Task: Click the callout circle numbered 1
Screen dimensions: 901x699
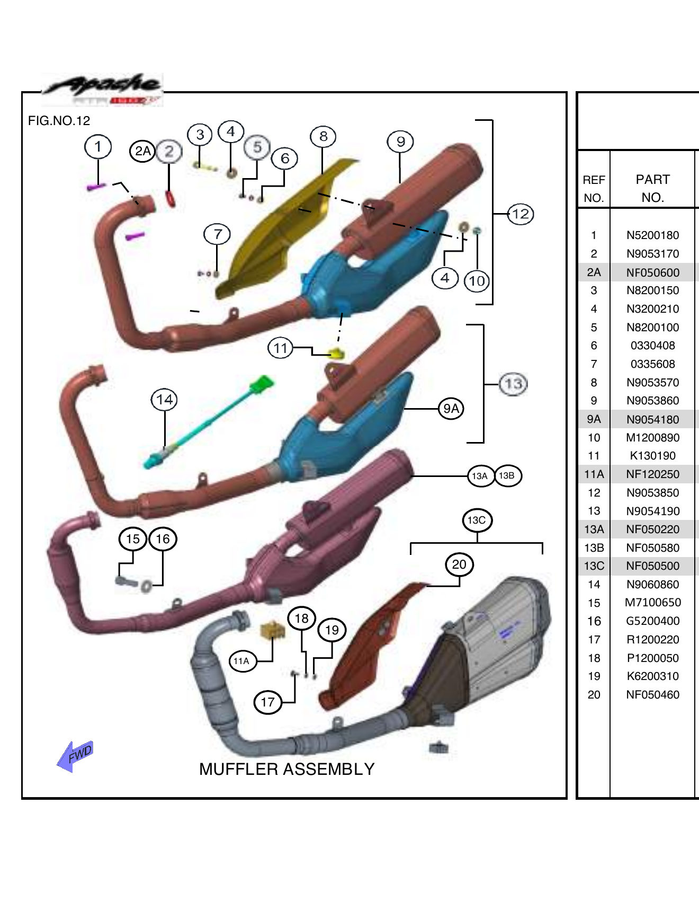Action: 98,147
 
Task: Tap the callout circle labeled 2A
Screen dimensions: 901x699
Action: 142,152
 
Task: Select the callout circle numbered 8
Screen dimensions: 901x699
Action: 323,137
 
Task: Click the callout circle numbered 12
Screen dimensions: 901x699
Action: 521,214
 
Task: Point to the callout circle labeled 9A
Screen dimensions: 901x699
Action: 451,409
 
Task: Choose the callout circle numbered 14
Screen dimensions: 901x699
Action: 164,400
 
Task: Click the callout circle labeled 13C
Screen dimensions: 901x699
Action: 477,520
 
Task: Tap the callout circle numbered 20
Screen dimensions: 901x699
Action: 459,564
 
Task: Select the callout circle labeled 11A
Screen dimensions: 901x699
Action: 242,661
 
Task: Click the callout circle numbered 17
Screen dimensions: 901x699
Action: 267,703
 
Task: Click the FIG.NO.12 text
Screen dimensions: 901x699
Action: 59,121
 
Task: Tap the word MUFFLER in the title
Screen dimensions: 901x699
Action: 232,769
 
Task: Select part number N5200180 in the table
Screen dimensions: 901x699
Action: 652,235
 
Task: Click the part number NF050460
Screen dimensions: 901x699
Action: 652,695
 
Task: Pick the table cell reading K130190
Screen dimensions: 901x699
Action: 652,456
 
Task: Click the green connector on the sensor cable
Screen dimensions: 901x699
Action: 262,384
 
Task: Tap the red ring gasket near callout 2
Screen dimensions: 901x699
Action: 171,199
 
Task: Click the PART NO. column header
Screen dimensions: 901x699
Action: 652,188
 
